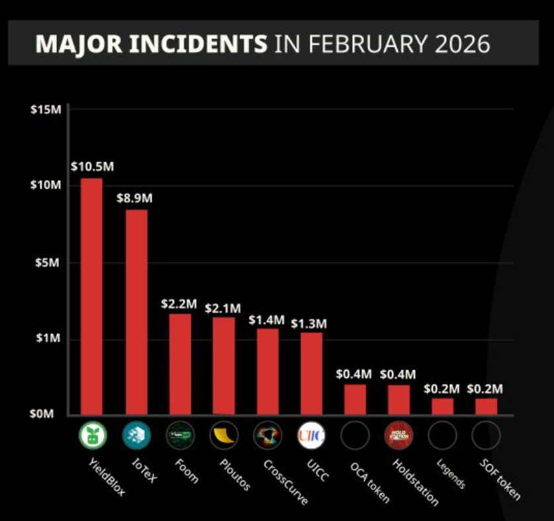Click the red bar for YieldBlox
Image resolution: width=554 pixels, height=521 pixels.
pyautogui.click(x=91, y=296)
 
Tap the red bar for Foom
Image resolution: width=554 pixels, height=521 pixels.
pyautogui.click(x=180, y=363)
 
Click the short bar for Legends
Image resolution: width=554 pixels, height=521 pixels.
pyautogui.click(x=442, y=406)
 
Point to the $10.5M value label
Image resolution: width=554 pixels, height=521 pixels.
pyautogui.click(x=92, y=166)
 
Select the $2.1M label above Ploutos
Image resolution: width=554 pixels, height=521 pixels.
pyautogui.click(x=223, y=308)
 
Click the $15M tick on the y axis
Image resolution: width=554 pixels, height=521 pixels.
pyautogui.click(x=46, y=109)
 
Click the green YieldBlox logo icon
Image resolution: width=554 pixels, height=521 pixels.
pyautogui.click(x=92, y=436)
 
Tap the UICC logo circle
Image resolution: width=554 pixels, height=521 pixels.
pyautogui.click(x=311, y=436)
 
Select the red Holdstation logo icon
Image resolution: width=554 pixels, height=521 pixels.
pyautogui.click(x=398, y=436)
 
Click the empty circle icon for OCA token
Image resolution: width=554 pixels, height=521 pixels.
pyautogui.click(x=355, y=436)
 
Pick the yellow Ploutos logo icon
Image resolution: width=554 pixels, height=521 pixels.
pyautogui.click(x=224, y=436)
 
